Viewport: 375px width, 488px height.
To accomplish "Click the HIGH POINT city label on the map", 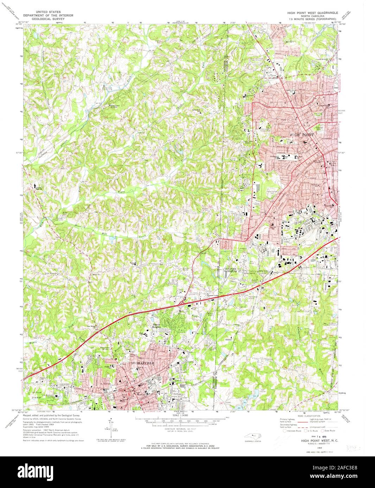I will pyautogui.click(x=301, y=134).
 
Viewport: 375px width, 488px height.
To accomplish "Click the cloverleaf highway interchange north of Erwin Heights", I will pyautogui.click(x=182, y=302).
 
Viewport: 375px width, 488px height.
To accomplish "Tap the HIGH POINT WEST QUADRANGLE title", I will pyautogui.click(x=313, y=12).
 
